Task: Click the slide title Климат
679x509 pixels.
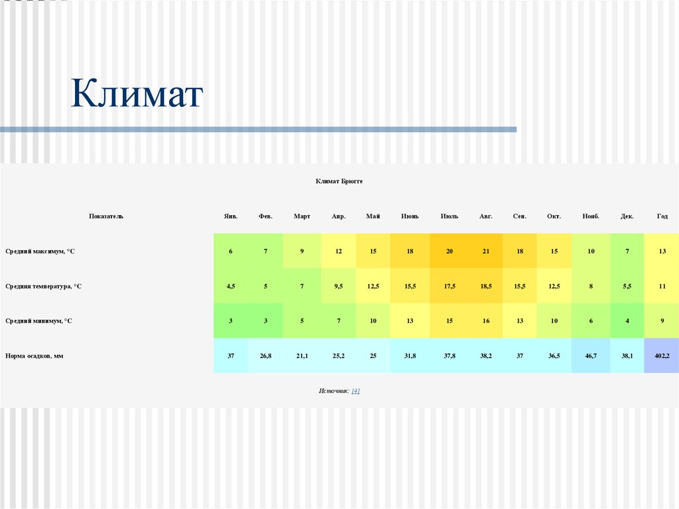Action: [x=137, y=93]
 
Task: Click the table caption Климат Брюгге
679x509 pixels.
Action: [x=339, y=181]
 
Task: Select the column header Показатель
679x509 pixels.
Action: [x=106, y=216]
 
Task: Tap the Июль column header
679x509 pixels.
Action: [x=449, y=216]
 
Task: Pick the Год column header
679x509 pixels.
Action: [x=662, y=216]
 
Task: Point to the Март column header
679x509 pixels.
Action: [x=302, y=216]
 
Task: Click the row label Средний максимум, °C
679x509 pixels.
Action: [x=40, y=252]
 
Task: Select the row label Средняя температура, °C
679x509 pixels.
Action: [x=43, y=286]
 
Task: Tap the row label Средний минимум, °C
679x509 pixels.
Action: [x=38, y=321]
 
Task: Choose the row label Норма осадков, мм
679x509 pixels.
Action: [x=34, y=356]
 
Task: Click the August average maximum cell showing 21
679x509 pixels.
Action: [x=485, y=252]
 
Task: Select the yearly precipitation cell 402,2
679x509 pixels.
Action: [x=662, y=356]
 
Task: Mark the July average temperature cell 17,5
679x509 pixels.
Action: [x=449, y=286]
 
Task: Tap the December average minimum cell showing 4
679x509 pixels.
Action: [x=627, y=321]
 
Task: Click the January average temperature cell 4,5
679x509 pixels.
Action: [x=231, y=286]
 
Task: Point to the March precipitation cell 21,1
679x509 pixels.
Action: [x=302, y=356]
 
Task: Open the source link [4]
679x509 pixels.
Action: [x=356, y=391]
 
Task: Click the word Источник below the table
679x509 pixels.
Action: [x=333, y=391]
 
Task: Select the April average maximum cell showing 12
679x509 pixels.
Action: [x=338, y=252]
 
